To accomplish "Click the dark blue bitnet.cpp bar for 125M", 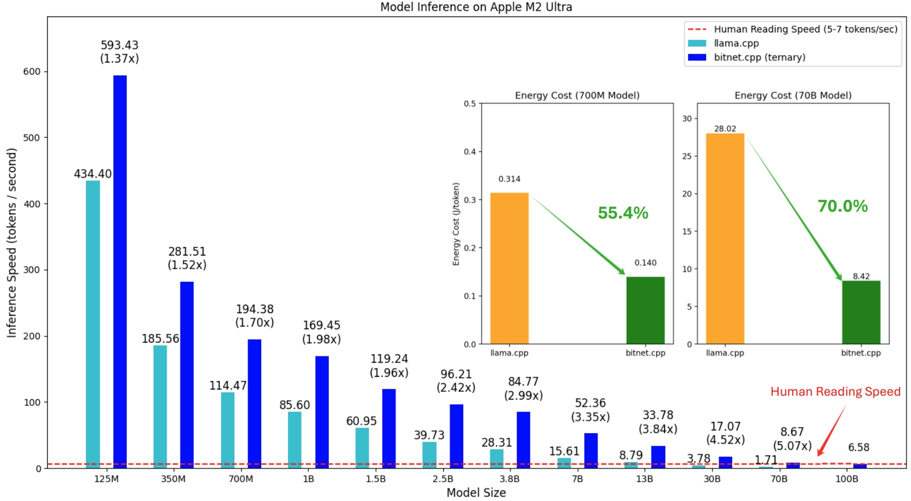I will pyautogui.click(x=119, y=270).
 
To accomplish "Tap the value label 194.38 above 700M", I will pyautogui.click(x=254, y=309).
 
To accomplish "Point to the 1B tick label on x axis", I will pyautogui.click(x=308, y=479).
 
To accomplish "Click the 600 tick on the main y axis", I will pyautogui.click(x=32, y=72).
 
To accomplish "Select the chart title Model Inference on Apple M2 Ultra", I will pyautogui.click(x=476, y=7).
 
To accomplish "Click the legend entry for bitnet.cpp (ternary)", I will pyautogui.click(x=759, y=57).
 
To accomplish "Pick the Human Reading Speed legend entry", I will pyautogui.click(x=805, y=29).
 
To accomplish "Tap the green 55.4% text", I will pyautogui.click(x=623, y=213).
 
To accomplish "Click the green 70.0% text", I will pyautogui.click(x=842, y=206).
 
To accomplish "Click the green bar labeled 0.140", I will pyautogui.click(x=645, y=310).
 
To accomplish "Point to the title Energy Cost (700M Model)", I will pyautogui.click(x=577, y=95).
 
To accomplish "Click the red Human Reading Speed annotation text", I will pyautogui.click(x=835, y=392).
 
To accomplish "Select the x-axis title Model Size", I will pyautogui.click(x=476, y=492).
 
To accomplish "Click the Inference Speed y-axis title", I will pyautogui.click(x=11, y=243).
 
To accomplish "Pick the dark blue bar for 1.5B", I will pyautogui.click(x=389, y=428).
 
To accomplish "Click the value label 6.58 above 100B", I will pyautogui.click(x=858, y=447).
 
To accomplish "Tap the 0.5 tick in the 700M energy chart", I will pyautogui.click(x=469, y=104).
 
